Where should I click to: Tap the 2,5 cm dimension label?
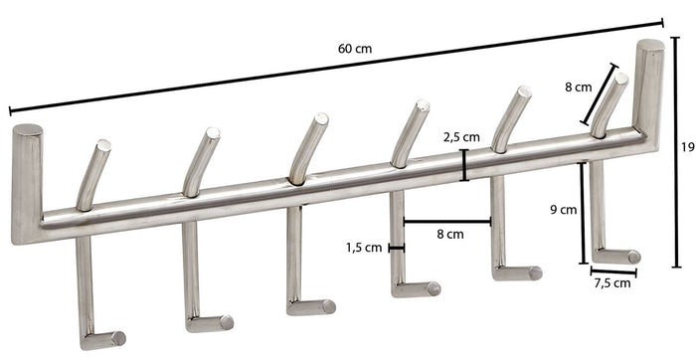point(462,137)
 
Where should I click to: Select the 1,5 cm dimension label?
point(365,247)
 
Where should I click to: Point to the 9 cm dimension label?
point(562,210)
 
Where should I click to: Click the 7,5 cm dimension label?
point(611,283)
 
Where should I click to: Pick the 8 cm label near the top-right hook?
point(579,87)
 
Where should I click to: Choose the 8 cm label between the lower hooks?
point(450,235)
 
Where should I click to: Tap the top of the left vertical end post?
point(27,130)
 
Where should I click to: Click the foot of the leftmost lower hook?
point(109,338)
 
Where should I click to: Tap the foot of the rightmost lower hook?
point(621,257)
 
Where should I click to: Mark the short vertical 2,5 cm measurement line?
point(464,165)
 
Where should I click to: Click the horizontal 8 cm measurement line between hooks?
point(447,222)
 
